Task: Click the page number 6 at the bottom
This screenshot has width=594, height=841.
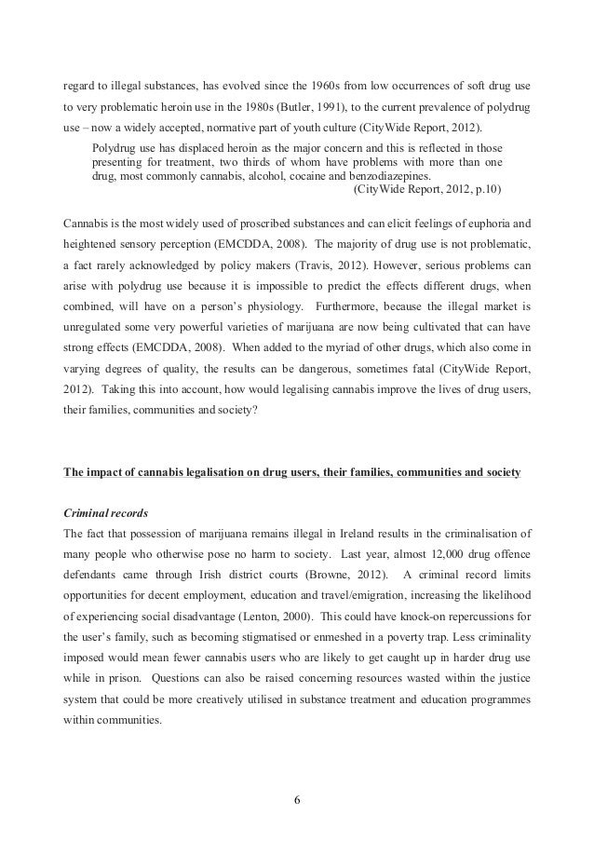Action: click(x=297, y=797)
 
